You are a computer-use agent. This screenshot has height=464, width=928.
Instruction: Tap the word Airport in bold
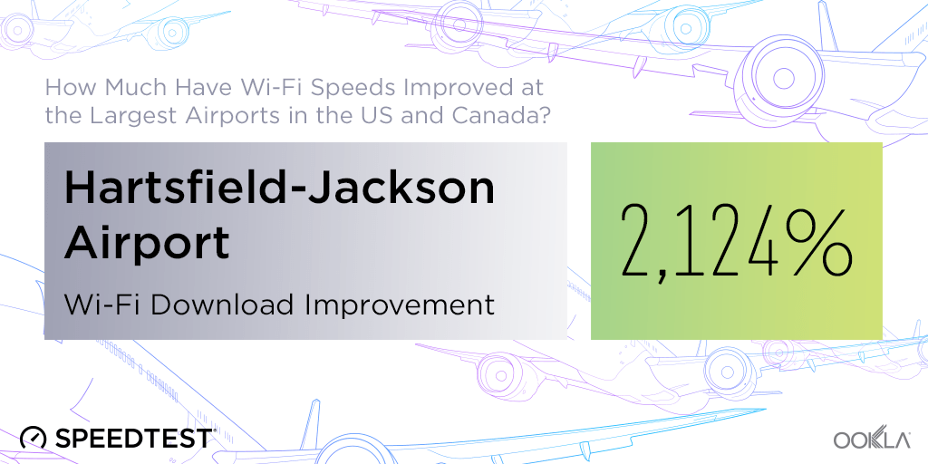pos(146,243)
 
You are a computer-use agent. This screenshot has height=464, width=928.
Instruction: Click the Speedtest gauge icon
pos(34,438)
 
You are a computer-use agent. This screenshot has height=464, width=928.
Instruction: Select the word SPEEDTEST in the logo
pos(134,438)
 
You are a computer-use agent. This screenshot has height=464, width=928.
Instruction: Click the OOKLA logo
pos(872,440)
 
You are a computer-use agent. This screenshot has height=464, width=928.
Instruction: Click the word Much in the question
pos(132,88)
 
